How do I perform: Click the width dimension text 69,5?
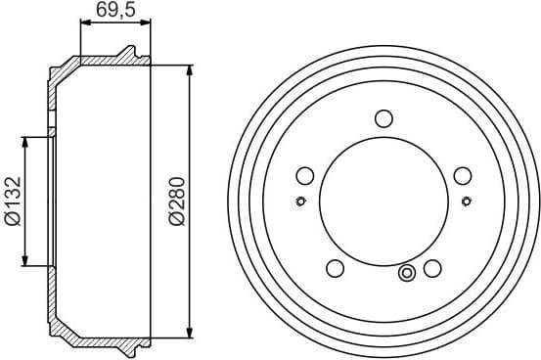coord(114,11)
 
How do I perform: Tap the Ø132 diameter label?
coord(13,202)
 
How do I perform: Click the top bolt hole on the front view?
coord(383,118)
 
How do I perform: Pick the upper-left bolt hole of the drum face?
coord(304,176)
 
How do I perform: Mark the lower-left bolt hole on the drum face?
coord(335,268)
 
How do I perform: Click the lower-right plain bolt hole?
coord(431,268)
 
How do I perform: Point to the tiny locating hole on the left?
coord(300,202)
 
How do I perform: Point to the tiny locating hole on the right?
coord(465,202)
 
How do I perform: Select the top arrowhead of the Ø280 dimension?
coord(189,69)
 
